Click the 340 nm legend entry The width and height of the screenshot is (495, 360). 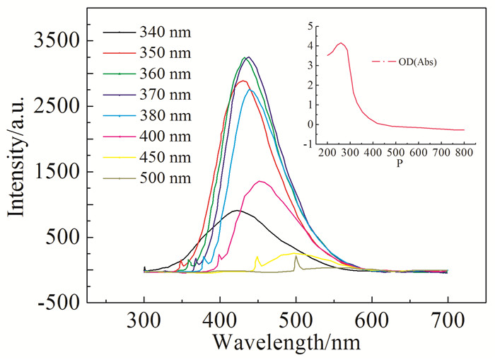coord(165,32)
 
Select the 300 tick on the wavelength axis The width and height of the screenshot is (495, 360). coord(144,320)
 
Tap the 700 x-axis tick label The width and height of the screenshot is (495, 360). coord(448,320)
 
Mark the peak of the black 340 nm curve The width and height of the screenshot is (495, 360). coord(238,210)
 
